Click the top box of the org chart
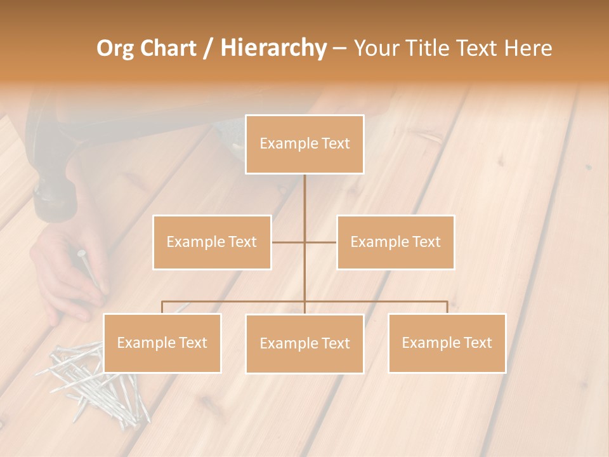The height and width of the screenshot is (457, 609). [304, 144]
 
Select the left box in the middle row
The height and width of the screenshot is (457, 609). [212, 242]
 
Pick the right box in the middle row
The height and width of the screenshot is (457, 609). [395, 242]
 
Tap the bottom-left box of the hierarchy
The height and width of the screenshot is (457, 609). [162, 343]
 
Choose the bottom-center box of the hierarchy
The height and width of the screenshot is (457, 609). [304, 343]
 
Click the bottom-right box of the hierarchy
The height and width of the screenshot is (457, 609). [447, 343]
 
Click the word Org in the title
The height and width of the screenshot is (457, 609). [115, 48]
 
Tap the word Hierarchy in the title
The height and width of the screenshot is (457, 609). [273, 48]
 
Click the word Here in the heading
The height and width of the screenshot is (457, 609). [528, 48]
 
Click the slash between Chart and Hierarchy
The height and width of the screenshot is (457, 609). [207, 49]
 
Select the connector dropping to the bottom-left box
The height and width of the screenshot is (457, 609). [162, 307]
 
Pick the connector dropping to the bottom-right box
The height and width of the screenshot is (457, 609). [447, 307]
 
